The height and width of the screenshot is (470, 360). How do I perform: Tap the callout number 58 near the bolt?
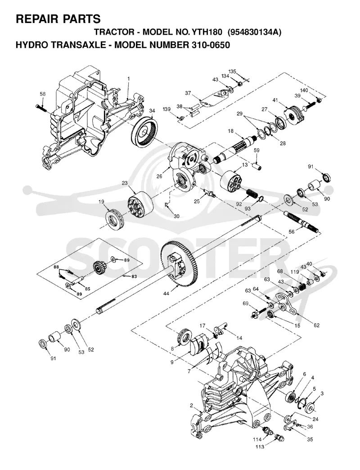43,94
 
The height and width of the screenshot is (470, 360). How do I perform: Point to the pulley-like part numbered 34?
144,131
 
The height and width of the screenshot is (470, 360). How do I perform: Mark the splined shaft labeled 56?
301,222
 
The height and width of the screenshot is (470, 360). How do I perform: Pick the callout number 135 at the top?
232,71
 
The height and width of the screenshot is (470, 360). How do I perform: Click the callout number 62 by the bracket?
316,325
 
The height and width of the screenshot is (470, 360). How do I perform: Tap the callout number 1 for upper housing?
129,78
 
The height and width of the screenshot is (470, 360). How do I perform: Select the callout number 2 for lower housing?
191,406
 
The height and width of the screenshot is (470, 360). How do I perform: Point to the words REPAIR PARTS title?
58,19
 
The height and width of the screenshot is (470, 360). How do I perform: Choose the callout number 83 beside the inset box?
134,276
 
